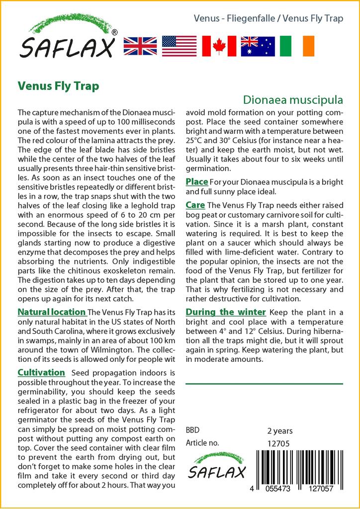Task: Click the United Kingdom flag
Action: coord(140,46)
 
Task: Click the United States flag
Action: coord(179,46)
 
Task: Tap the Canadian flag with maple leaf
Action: coord(219,46)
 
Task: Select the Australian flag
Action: coord(258,46)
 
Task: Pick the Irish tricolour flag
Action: coord(297,46)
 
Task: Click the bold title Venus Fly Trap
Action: coord(58,85)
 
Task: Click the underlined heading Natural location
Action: coord(51,312)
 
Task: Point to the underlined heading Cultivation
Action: coord(41,372)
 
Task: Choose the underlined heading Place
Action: coord(196,182)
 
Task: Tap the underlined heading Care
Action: coord(195,205)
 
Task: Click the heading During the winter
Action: coord(226,312)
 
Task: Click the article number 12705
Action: coord(278,443)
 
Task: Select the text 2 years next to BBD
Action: coord(280,431)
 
